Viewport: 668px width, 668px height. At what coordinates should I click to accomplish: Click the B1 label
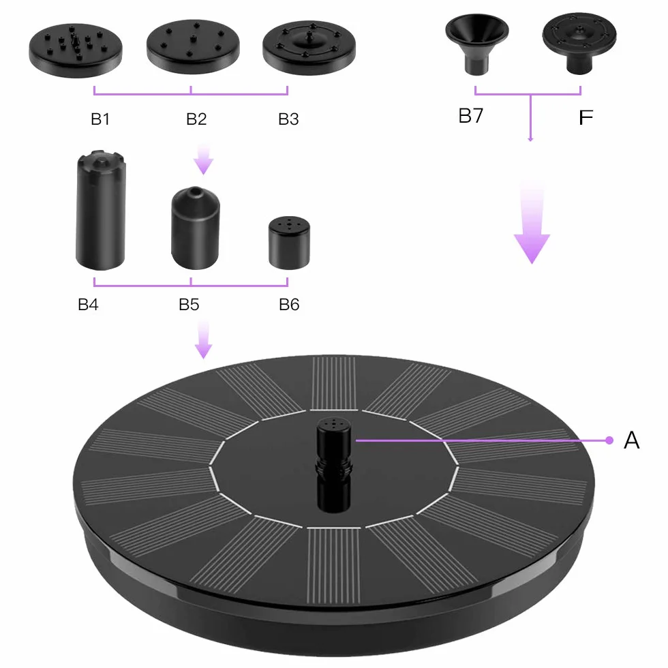coord(101,119)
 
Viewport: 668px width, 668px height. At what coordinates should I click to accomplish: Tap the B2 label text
coord(196,119)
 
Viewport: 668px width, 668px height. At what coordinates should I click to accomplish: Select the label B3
coord(288,119)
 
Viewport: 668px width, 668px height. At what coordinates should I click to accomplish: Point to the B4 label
coord(88,305)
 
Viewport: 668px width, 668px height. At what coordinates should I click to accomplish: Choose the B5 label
coord(189,305)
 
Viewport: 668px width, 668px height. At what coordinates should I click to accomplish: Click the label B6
coord(289,305)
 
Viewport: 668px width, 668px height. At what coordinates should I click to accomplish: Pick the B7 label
coord(471,115)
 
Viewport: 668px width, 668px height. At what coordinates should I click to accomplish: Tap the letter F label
coord(586,117)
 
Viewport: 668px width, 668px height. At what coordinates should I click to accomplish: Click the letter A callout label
coord(631,440)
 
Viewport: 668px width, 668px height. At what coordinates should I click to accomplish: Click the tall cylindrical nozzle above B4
coord(101,210)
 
